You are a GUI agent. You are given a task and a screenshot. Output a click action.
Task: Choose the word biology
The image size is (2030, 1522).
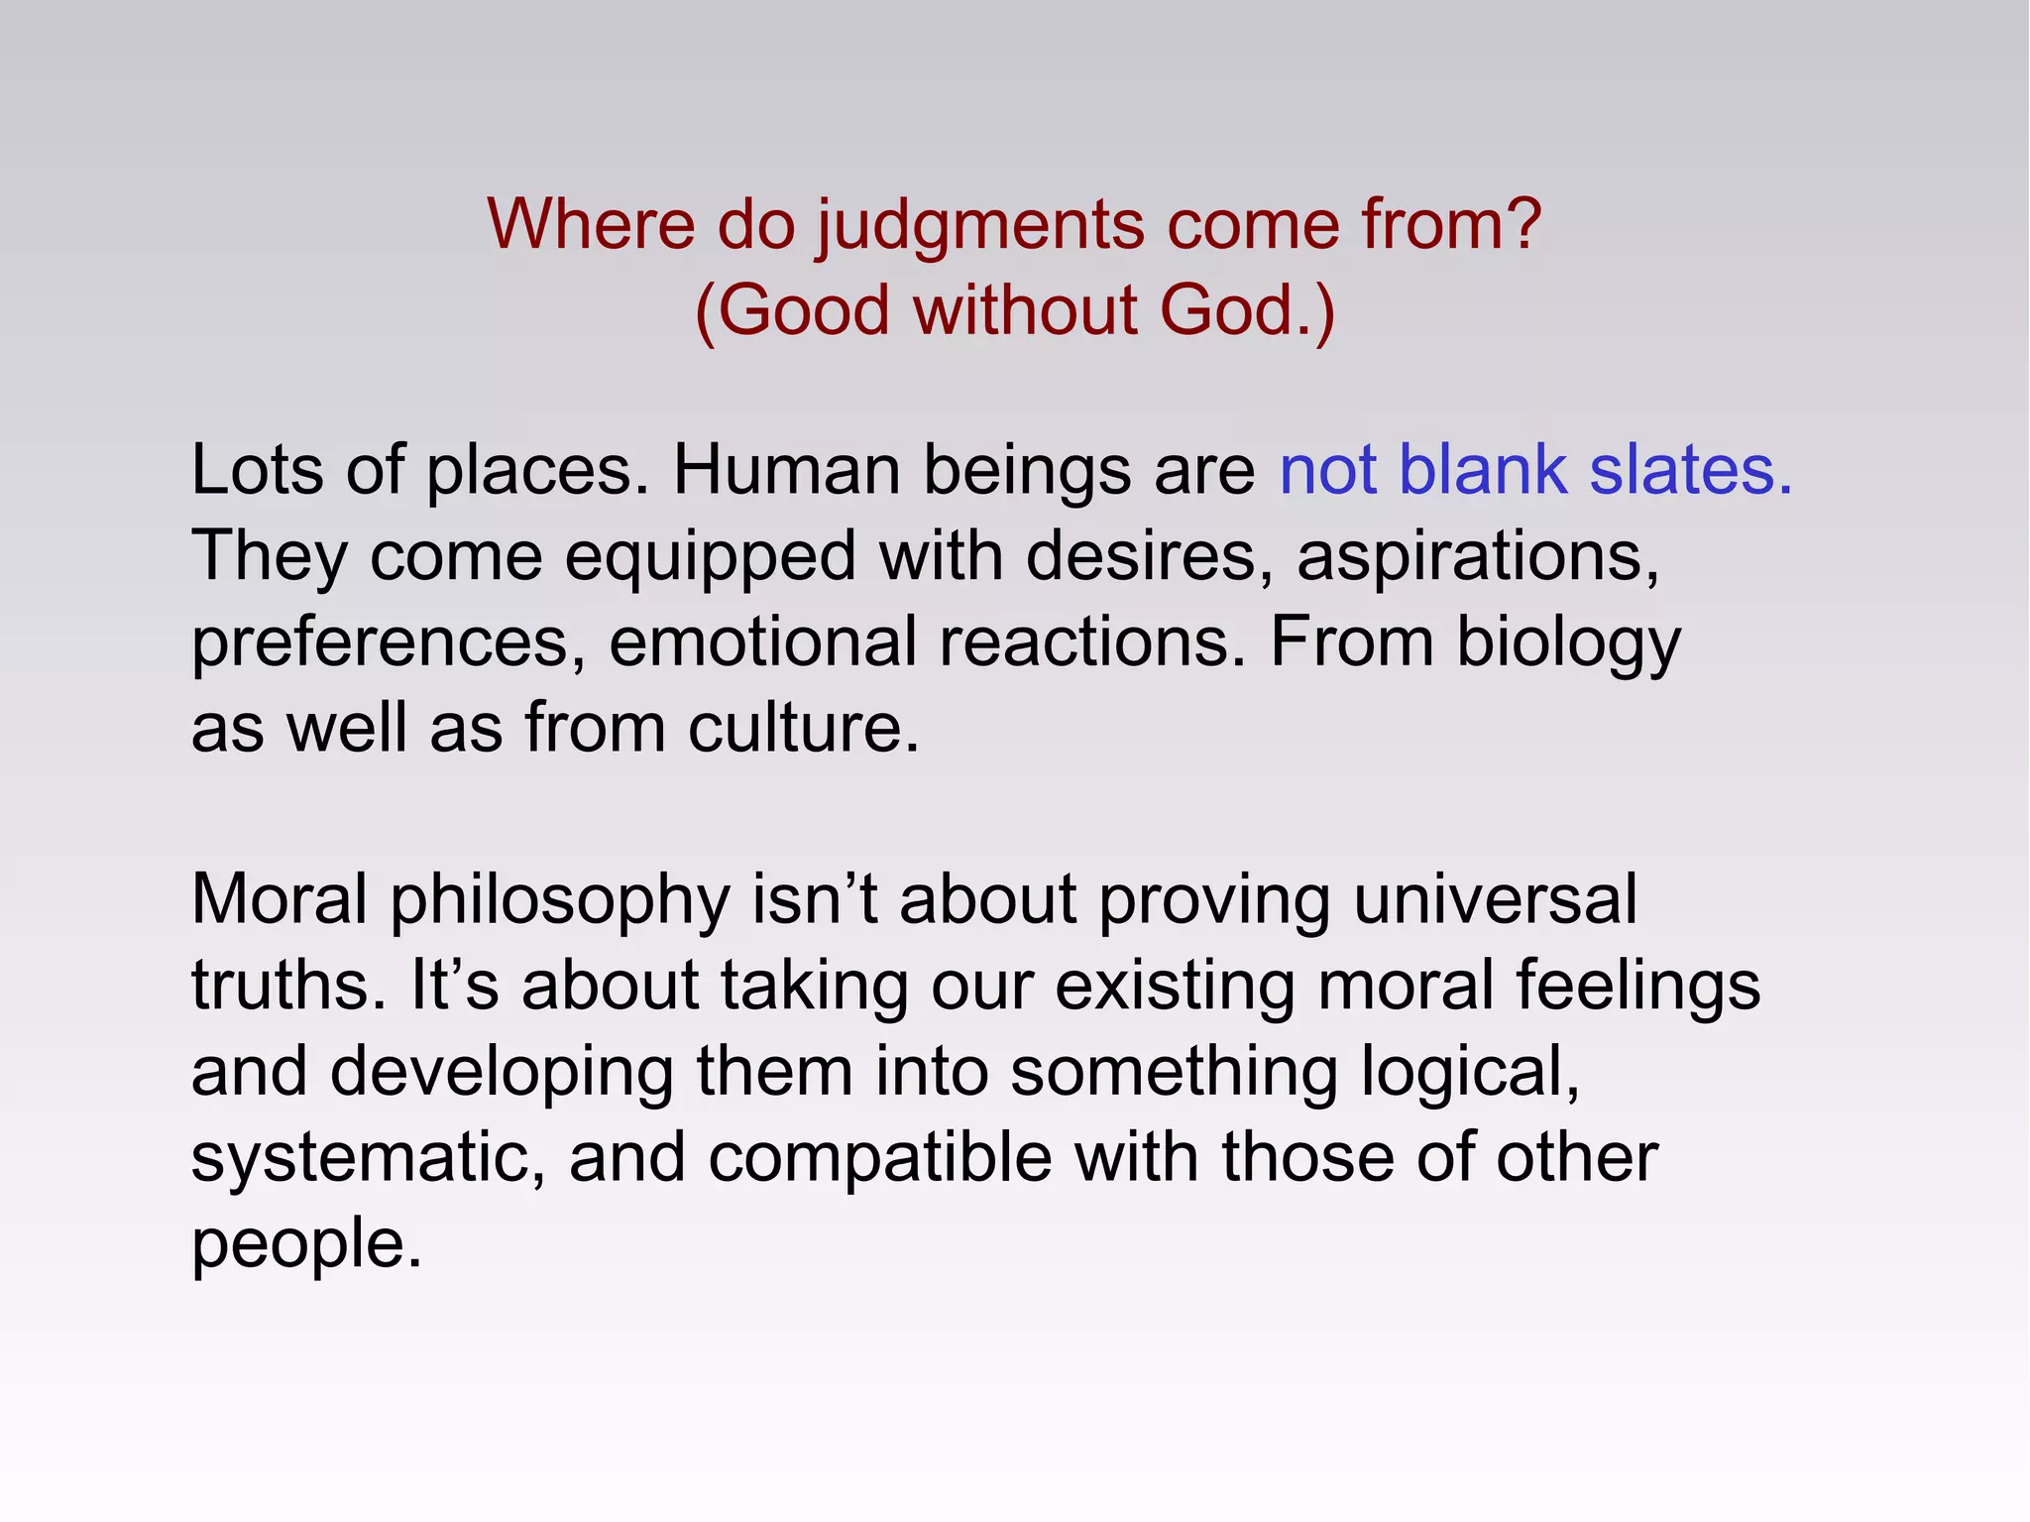1568,644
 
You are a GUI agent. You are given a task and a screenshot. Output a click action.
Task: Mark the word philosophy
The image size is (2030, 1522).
559,901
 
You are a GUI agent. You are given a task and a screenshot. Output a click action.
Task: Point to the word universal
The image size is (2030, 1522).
1495,899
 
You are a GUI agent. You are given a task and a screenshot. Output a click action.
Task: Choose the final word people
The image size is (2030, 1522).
306,1245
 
